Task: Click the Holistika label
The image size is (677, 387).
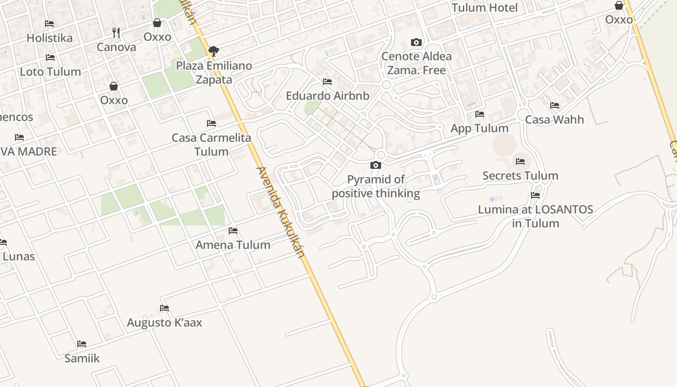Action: click(49, 38)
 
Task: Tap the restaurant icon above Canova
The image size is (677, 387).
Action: click(116, 33)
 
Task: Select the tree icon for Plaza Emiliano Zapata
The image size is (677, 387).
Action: click(213, 51)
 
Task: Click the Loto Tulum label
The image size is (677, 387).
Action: click(50, 72)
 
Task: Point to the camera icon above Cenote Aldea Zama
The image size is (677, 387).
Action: click(416, 43)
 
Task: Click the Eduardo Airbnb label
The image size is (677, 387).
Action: click(327, 96)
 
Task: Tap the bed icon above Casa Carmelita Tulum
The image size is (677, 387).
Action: click(211, 123)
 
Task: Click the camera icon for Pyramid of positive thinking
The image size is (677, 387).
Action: click(376, 165)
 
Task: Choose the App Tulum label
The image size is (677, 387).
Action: click(479, 128)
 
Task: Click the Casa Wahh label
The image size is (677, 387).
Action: click(554, 119)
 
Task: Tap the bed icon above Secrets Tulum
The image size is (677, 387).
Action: click(520, 162)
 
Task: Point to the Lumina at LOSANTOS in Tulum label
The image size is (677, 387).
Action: click(535, 216)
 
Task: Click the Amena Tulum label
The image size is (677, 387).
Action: click(233, 245)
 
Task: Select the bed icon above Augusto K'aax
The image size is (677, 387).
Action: click(164, 308)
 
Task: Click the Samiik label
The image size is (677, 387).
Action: click(82, 358)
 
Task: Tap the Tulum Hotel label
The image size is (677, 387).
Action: click(485, 8)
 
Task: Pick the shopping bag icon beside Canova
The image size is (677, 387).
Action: click(157, 23)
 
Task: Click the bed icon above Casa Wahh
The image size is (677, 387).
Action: click(554, 105)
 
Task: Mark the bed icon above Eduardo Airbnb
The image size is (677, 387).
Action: click(327, 82)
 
